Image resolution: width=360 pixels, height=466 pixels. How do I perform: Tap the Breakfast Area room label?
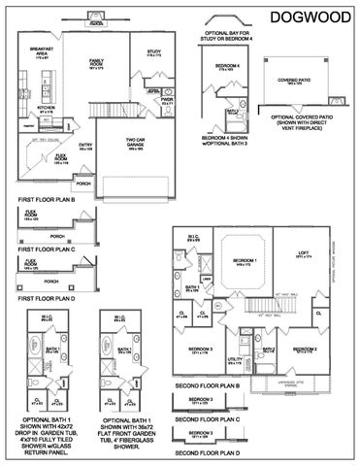[41, 50]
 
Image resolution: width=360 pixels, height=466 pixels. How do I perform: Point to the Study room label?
[153, 51]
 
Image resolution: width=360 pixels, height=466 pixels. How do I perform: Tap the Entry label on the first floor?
[85, 146]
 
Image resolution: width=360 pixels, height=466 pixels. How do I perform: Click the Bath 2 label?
[269, 349]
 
